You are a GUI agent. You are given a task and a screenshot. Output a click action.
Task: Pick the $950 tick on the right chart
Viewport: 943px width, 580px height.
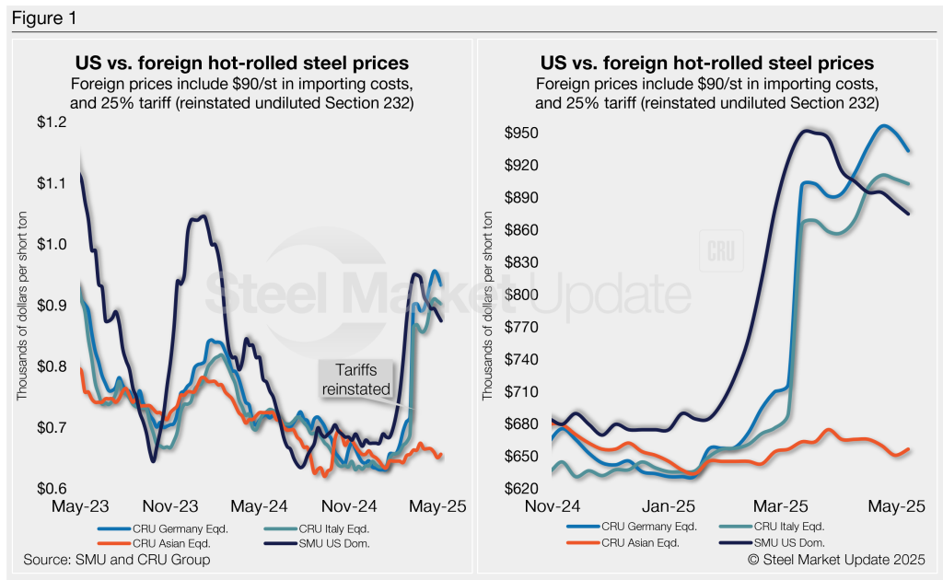(x=520, y=133)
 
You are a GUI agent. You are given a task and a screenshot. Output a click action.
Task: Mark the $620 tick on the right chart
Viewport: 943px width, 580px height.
(x=520, y=488)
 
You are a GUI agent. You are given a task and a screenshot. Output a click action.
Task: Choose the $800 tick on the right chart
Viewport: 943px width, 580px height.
(x=520, y=295)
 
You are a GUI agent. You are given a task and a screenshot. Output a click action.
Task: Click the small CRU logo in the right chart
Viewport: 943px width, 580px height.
(x=719, y=251)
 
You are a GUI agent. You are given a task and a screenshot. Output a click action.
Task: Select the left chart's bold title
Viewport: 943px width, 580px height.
(x=241, y=64)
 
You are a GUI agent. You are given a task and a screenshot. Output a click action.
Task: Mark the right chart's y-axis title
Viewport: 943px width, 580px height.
(x=487, y=305)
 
